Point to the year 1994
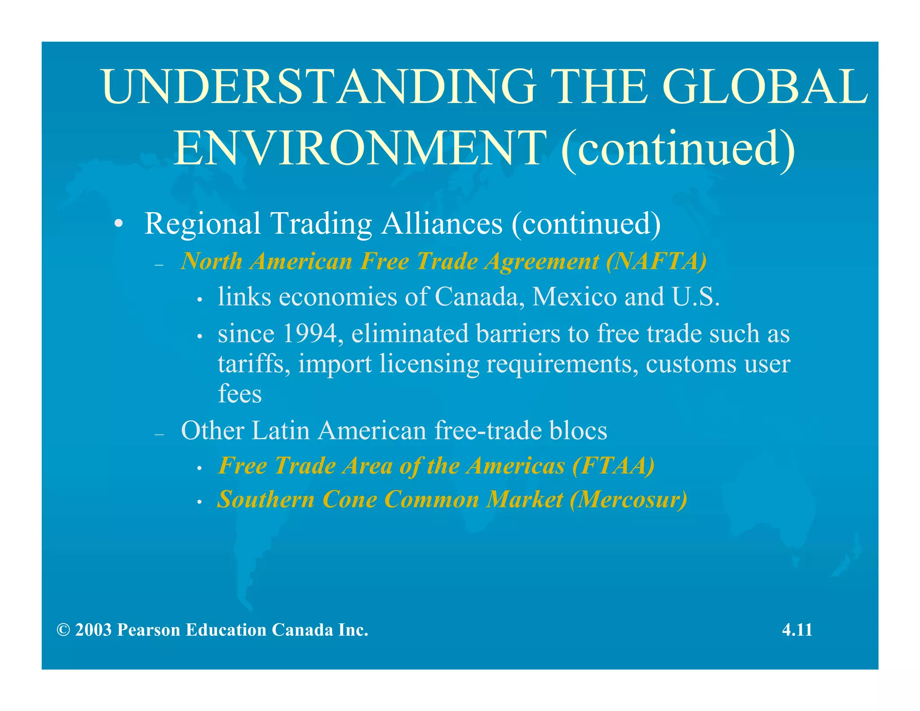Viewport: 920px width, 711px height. coord(310,333)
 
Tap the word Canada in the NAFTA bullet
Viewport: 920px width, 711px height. coord(479,297)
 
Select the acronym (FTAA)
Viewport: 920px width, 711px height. coord(613,465)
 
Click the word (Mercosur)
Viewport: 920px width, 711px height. coord(628,499)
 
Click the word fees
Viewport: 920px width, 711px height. coord(239,394)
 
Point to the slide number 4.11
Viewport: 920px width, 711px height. coord(797,630)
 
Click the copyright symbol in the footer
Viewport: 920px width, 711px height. coord(63,630)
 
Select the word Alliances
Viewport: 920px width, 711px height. coord(442,223)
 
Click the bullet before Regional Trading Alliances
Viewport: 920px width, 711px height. coord(118,224)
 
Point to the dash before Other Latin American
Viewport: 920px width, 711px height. coord(159,434)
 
